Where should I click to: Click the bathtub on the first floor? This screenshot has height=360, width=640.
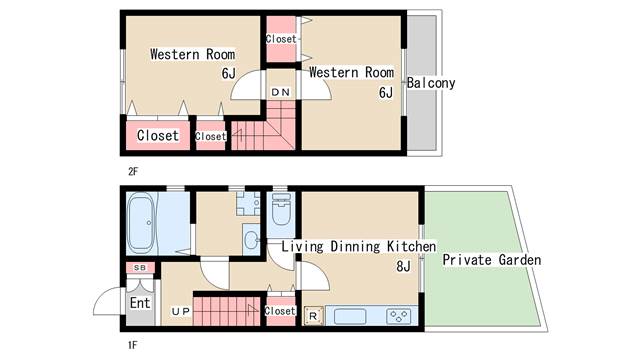click(x=142, y=224)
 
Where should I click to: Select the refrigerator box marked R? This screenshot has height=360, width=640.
click(x=313, y=316)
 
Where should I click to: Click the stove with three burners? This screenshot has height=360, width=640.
click(x=398, y=316)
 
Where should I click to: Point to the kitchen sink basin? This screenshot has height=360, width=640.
click(x=350, y=317)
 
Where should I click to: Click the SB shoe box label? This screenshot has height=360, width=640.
click(x=140, y=268)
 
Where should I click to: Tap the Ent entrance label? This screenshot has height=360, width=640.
click(x=140, y=303)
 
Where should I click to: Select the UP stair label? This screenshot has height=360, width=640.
click(x=181, y=311)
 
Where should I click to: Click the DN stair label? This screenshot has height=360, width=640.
click(x=280, y=92)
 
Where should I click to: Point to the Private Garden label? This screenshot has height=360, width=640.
click(x=492, y=260)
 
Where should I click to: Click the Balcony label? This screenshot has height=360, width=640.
click(x=431, y=83)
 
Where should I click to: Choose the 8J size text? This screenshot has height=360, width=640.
click(x=403, y=266)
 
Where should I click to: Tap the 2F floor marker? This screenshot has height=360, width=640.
click(x=133, y=171)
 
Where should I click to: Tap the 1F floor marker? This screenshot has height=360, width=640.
click(x=133, y=345)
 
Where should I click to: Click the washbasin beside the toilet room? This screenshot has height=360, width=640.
click(x=251, y=240)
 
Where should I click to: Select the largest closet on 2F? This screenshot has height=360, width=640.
click(x=158, y=135)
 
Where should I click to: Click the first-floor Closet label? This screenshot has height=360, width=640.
click(x=280, y=311)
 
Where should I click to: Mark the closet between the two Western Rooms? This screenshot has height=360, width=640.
click(x=281, y=39)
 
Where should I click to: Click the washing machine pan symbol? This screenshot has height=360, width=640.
click(x=248, y=203)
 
